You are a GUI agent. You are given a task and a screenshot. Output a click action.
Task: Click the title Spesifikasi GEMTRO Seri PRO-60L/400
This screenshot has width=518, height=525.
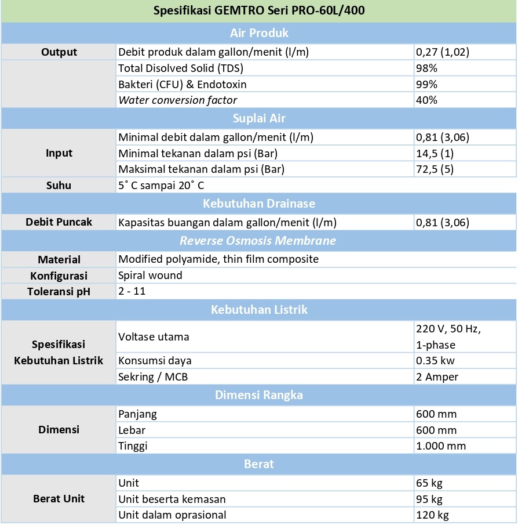coord(259,11)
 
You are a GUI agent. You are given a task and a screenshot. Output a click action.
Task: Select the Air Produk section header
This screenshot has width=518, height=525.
coord(259,32)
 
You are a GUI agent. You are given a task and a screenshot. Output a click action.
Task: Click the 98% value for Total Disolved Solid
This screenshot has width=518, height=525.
coord(426,68)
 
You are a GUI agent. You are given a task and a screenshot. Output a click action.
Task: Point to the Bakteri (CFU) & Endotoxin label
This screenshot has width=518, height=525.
coord(183,84)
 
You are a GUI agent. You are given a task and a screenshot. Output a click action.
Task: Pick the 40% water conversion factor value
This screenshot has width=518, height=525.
coord(426,100)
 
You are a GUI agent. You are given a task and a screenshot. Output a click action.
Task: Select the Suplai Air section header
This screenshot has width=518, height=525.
coord(259,118)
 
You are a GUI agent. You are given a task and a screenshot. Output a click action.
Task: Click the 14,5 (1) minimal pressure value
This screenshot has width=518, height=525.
coord(435,154)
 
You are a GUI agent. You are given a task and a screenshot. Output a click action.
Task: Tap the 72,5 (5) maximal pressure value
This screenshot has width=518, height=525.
coord(435,169)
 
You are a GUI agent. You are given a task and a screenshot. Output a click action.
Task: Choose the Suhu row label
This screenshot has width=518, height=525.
coord(59,186)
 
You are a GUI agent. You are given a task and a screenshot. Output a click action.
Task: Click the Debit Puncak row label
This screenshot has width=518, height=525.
coord(59,222)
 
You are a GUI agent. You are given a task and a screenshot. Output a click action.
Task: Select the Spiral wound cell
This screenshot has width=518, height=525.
coord(150,275)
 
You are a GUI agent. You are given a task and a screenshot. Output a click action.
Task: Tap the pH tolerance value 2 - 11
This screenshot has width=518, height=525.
coord(132,291)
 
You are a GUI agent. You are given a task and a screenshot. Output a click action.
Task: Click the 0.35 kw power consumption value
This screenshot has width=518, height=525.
coord(435,361)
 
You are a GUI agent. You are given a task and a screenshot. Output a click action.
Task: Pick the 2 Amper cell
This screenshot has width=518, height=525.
coord(437,377)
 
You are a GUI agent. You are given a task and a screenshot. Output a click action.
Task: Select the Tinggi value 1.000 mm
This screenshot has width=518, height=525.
coord(441,446)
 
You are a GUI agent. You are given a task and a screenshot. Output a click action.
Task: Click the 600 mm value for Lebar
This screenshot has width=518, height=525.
coord(436,430)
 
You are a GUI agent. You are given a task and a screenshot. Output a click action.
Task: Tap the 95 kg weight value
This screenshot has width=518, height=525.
coord(429,499)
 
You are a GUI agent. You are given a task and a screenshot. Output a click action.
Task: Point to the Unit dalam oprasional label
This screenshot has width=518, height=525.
coord(172,515)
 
